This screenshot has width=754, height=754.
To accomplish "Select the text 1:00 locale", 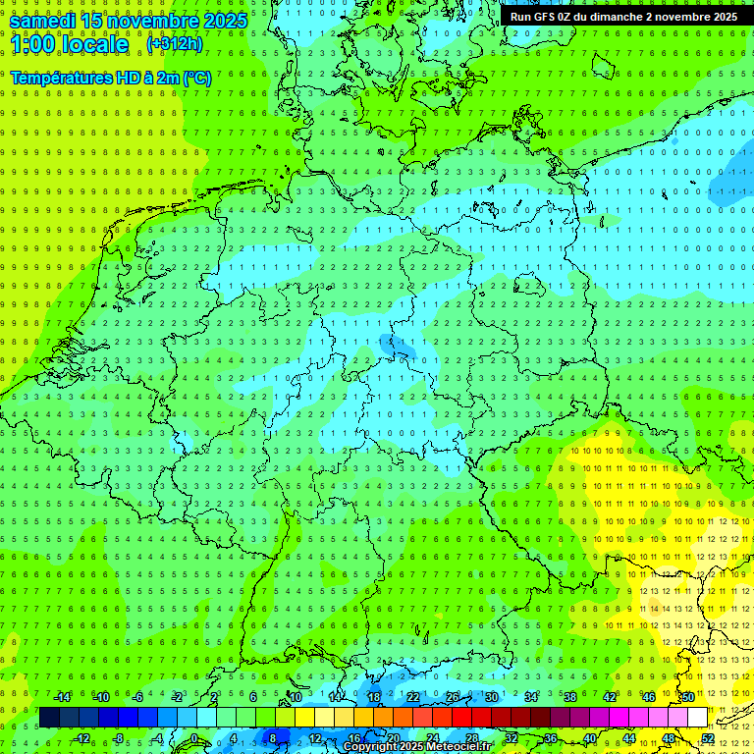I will click(x=69, y=44).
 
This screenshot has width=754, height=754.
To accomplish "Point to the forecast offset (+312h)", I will click(x=175, y=43).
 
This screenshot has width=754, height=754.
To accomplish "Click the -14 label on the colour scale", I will click(x=62, y=697).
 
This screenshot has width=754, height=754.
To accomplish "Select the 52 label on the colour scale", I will click(x=708, y=738).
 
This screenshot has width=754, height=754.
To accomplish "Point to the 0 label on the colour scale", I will click(x=194, y=738).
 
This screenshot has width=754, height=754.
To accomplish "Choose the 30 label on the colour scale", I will click(x=491, y=697).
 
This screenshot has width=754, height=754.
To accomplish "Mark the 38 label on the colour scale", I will click(x=569, y=697).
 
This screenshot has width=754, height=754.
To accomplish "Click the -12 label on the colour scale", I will click(x=81, y=738).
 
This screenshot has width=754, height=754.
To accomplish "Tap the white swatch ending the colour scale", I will click(x=697, y=718).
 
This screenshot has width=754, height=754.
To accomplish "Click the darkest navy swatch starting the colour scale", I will click(x=49, y=718).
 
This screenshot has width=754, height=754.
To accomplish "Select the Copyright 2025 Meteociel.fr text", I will click(x=416, y=747).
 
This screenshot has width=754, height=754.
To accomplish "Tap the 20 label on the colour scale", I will click(x=393, y=738).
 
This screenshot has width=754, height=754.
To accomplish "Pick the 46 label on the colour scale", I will click(x=648, y=697).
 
